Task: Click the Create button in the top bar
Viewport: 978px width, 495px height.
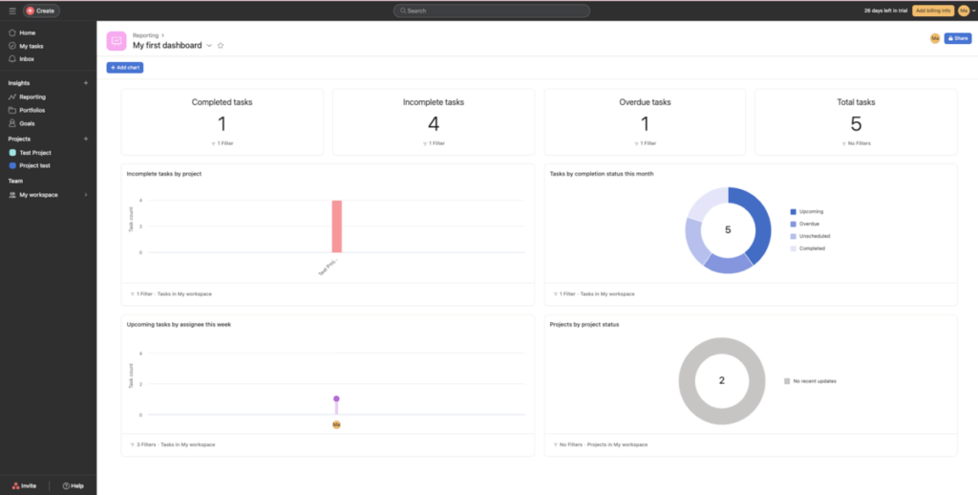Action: pyautogui.click(x=41, y=11)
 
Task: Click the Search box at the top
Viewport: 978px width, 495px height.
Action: pyautogui.click(x=491, y=11)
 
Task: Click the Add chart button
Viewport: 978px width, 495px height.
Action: pyautogui.click(x=125, y=68)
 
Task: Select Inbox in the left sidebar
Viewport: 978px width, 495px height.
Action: pyautogui.click(x=27, y=59)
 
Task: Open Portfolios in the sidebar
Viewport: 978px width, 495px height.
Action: pyautogui.click(x=32, y=110)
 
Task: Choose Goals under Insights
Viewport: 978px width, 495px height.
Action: pyautogui.click(x=27, y=123)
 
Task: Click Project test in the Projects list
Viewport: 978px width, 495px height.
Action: pyautogui.click(x=34, y=165)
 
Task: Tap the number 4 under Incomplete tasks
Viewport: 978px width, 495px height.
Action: pyautogui.click(x=434, y=124)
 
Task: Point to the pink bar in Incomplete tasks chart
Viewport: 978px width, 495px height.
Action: pyautogui.click(x=337, y=226)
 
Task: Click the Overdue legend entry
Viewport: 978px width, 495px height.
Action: pyautogui.click(x=809, y=224)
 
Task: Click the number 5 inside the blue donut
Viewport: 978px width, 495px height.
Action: pyautogui.click(x=728, y=230)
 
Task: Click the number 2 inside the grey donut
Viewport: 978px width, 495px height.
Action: pyautogui.click(x=721, y=380)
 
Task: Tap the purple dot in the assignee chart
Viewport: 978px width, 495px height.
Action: pyautogui.click(x=336, y=398)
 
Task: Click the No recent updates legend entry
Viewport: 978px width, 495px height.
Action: pyautogui.click(x=814, y=380)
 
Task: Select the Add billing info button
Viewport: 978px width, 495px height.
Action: pyautogui.click(x=932, y=11)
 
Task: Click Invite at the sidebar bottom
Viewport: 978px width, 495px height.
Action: pyautogui.click(x=25, y=485)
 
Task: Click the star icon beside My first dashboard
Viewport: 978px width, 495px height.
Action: pyautogui.click(x=221, y=45)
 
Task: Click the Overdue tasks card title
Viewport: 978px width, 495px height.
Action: pyautogui.click(x=645, y=102)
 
